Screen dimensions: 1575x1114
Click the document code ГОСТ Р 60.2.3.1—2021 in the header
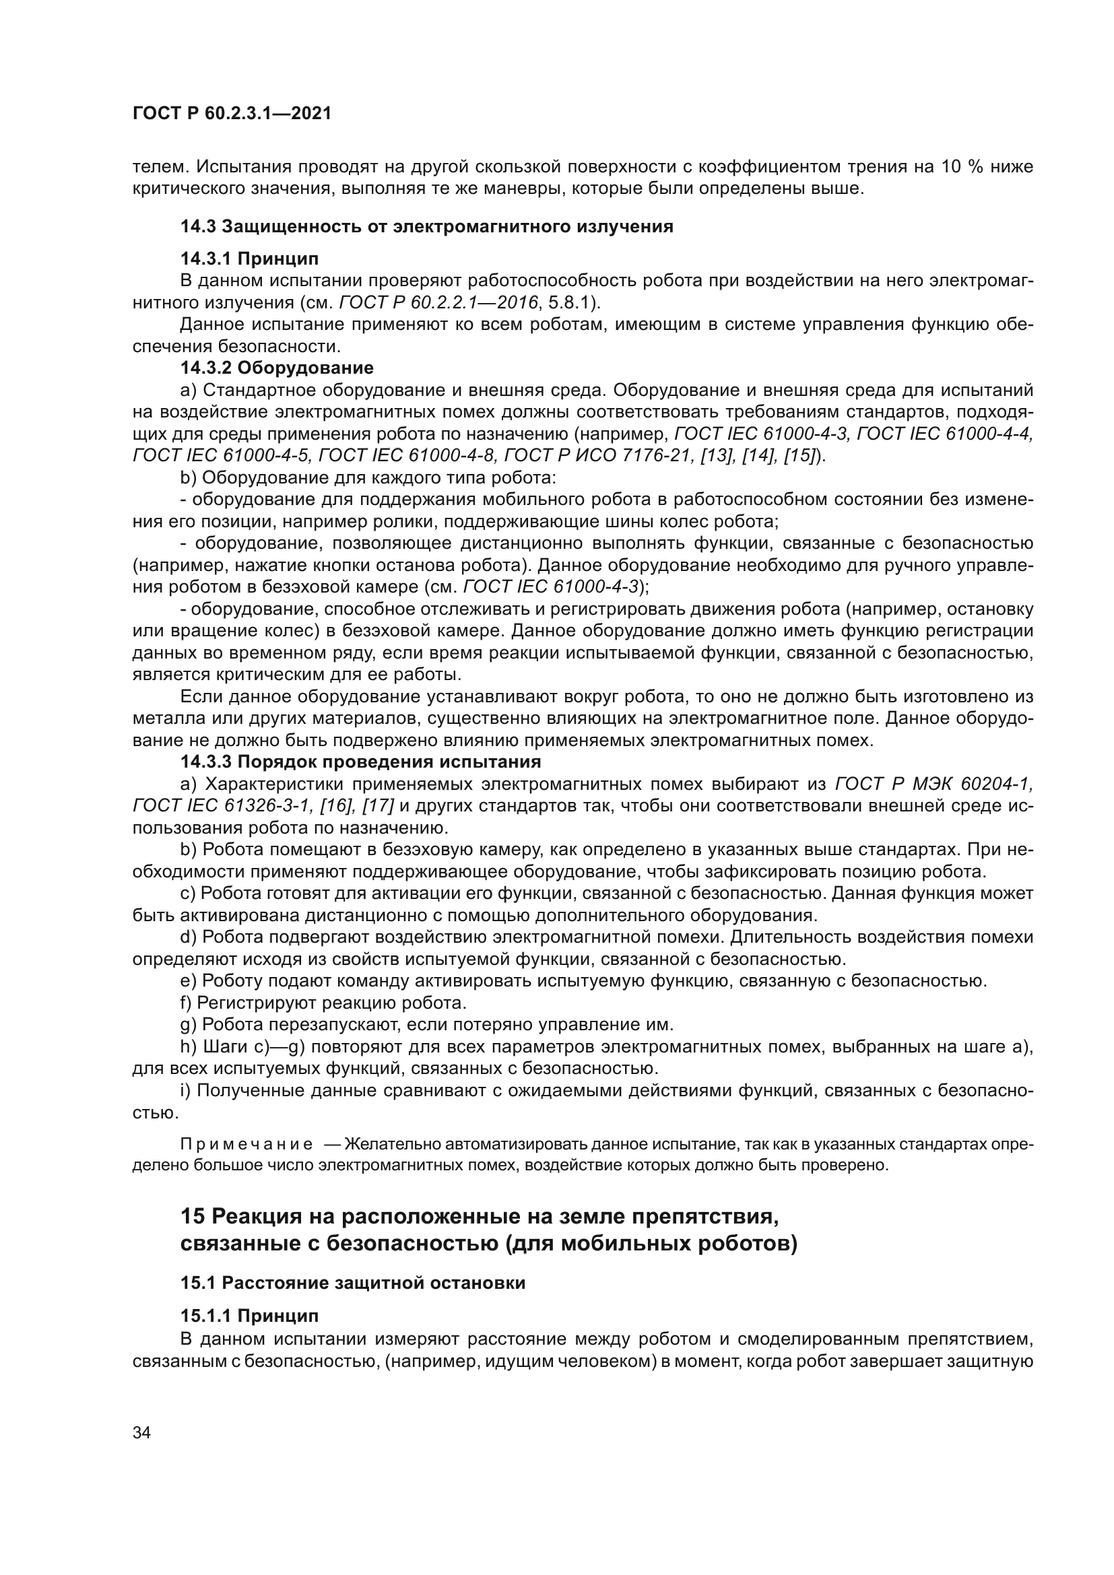coord(231,114)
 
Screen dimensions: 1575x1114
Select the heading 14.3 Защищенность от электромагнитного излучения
coord(426,226)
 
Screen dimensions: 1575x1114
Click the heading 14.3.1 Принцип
coord(250,259)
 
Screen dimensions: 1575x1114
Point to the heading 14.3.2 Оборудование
coord(277,368)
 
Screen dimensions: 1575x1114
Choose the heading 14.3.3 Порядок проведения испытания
coord(361,762)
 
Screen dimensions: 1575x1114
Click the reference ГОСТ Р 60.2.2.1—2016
coord(439,302)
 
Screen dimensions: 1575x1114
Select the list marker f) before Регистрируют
coord(185,1003)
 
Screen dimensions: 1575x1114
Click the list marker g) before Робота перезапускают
coord(187,1025)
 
